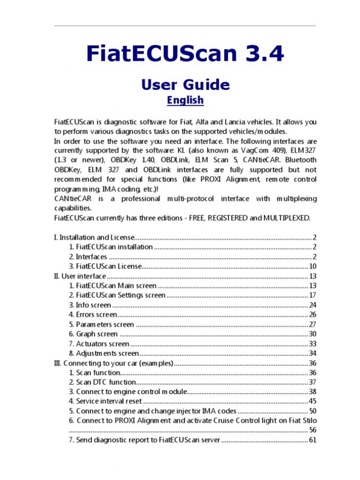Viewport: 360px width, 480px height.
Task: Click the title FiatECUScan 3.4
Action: (x=185, y=54)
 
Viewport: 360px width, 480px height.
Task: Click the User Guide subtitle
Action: (x=185, y=85)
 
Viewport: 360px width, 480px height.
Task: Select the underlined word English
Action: (x=185, y=100)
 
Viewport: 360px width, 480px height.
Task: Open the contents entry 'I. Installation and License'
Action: (x=94, y=237)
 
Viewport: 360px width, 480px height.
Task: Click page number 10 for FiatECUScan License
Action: (x=313, y=266)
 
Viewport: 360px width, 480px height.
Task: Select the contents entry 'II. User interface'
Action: (x=80, y=276)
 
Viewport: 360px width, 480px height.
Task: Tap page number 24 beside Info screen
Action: (x=313, y=305)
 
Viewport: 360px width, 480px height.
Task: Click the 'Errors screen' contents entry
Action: (x=96, y=315)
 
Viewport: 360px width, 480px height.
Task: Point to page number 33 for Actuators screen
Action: (x=313, y=344)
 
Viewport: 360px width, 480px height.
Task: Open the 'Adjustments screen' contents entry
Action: (x=107, y=353)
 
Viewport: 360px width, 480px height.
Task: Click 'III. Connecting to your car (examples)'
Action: (x=114, y=363)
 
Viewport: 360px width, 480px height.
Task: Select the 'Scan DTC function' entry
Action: (x=106, y=382)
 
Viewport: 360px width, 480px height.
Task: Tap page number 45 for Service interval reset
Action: (x=313, y=401)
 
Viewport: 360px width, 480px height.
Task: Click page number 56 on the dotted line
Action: (x=313, y=430)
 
